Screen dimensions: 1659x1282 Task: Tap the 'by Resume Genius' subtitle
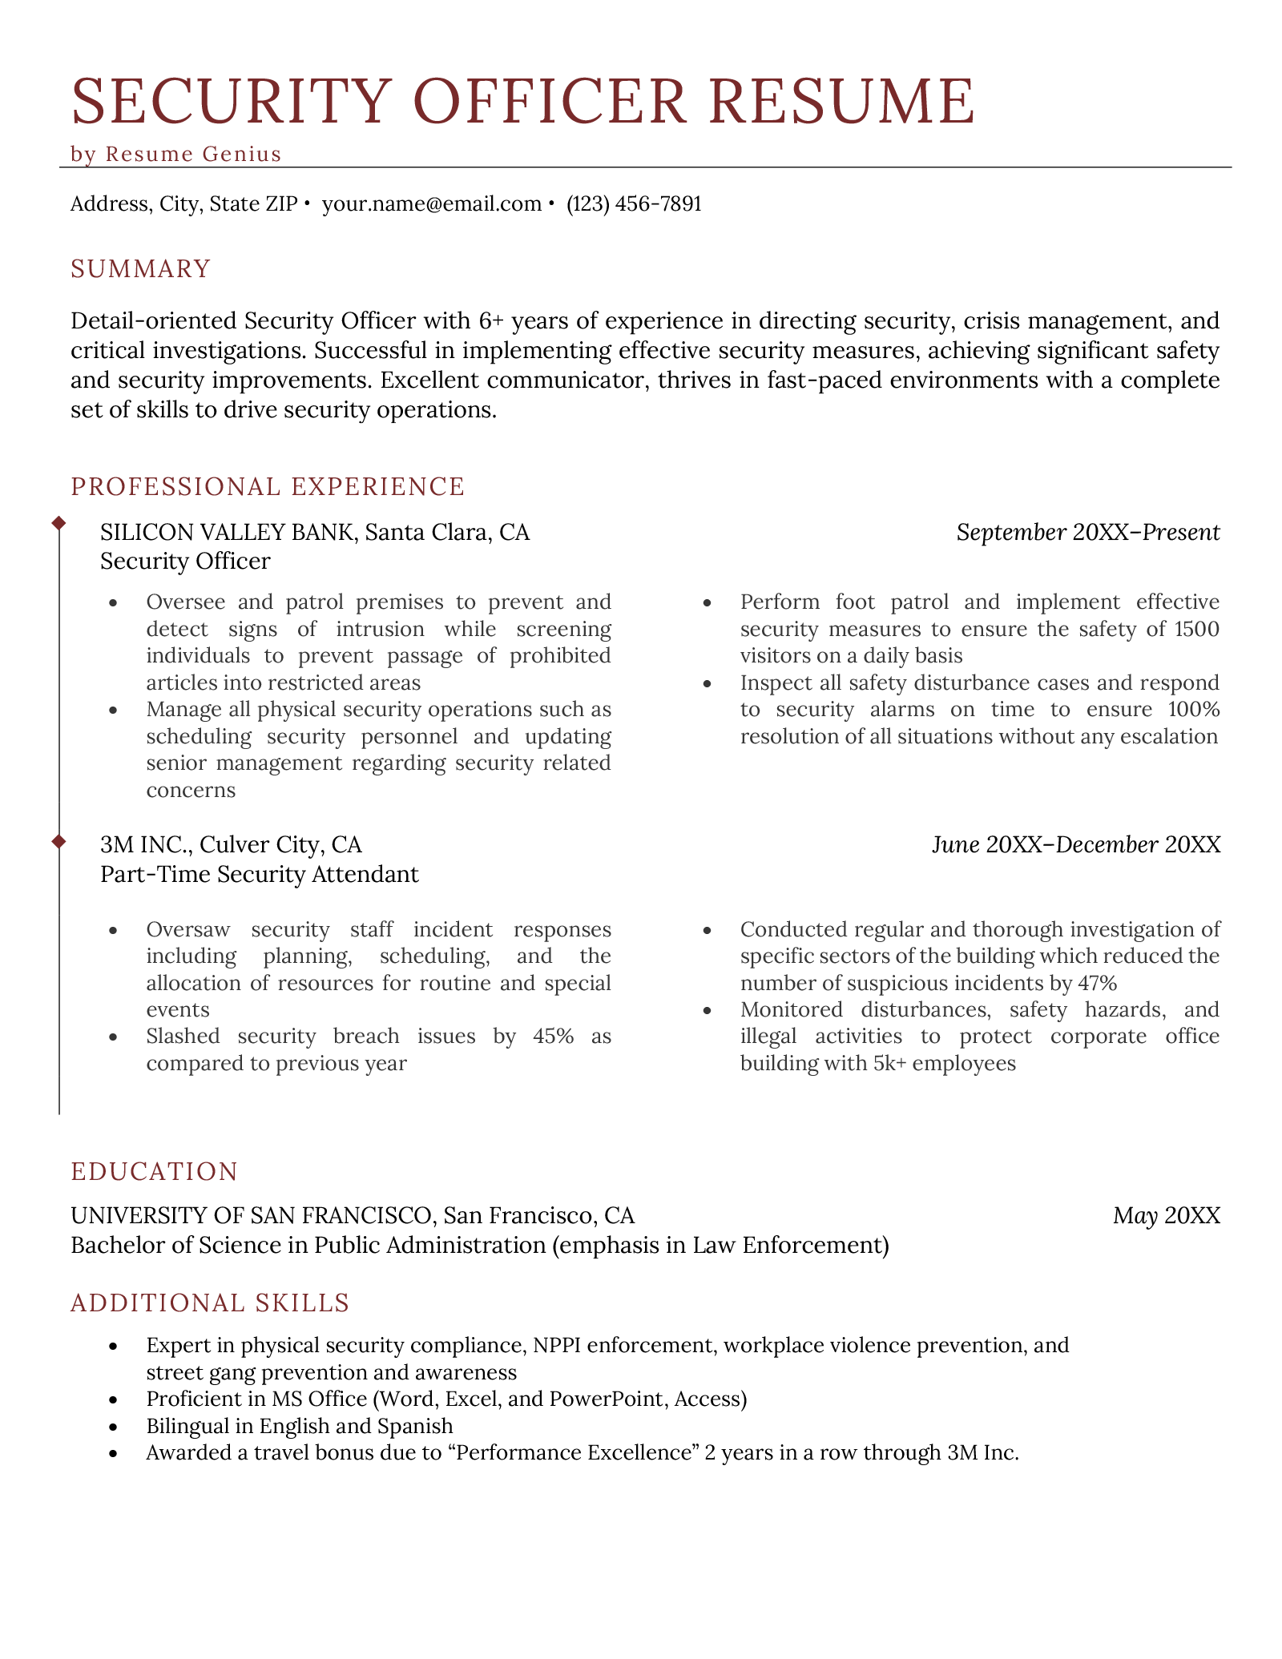(176, 154)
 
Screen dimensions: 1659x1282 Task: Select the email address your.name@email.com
(431, 204)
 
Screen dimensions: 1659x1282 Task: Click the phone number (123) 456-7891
(634, 204)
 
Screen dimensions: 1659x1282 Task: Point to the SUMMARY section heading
(141, 269)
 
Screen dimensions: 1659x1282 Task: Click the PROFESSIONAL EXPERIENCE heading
(268, 486)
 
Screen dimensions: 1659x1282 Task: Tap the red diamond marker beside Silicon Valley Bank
(58, 523)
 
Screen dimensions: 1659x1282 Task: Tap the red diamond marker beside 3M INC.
(58, 841)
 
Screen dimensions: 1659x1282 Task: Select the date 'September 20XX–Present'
(1087, 532)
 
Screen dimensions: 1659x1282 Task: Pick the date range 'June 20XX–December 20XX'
(1075, 844)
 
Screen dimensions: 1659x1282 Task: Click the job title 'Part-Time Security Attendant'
(260, 874)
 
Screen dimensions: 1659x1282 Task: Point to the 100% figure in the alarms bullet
(1193, 710)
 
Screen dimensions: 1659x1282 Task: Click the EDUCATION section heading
(155, 1171)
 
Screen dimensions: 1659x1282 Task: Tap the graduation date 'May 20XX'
(1166, 1216)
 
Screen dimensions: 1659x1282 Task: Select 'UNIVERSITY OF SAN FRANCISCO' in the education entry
(251, 1216)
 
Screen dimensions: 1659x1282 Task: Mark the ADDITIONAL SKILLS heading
(210, 1303)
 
